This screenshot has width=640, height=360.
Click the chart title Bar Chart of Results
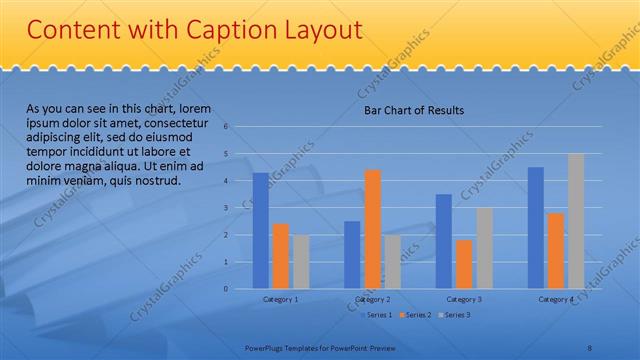[x=413, y=110]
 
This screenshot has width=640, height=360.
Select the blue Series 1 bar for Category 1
[x=260, y=231]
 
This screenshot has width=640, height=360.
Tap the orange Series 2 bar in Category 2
[x=372, y=229]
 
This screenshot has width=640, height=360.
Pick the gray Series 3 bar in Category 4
[x=575, y=221]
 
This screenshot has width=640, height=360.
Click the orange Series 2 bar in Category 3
[x=464, y=264]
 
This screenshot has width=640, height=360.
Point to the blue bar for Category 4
[x=535, y=228]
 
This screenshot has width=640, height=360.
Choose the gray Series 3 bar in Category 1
[x=300, y=262]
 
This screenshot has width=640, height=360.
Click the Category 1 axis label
[x=280, y=299]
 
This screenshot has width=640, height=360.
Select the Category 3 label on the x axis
[x=464, y=299]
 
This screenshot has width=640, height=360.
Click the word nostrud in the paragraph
[x=155, y=181]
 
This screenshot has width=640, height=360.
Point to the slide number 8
[x=589, y=348]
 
